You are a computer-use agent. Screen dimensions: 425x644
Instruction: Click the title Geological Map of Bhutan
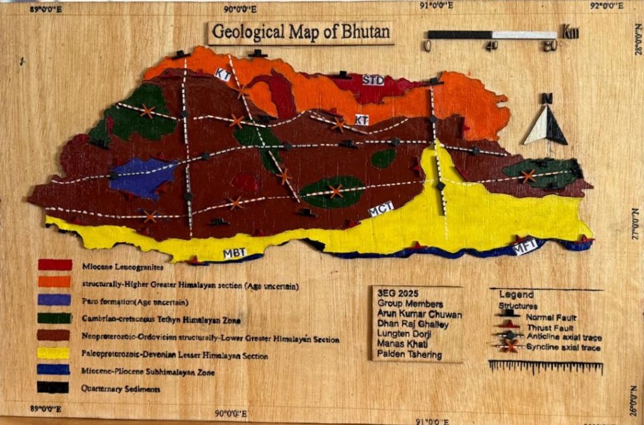tap(301, 32)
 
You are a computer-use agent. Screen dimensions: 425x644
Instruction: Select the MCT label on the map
tap(382, 210)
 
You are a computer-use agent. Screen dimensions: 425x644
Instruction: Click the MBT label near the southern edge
tap(234, 253)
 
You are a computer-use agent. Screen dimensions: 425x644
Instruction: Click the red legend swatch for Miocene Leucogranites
tap(55, 265)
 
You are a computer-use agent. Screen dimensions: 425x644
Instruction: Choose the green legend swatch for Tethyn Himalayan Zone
tap(54, 318)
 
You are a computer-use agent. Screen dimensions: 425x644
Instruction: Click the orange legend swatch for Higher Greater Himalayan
tap(54, 282)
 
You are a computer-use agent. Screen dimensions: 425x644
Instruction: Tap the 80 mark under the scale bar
tap(549, 46)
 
